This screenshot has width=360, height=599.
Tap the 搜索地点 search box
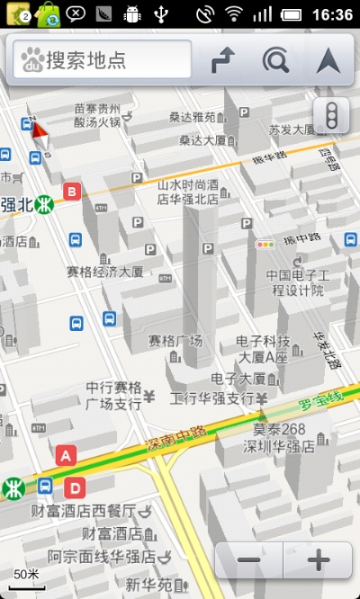pyautogui.click(x=102, y=60)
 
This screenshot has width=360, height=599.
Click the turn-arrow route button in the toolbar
pyautogui.click(x=222, y=60)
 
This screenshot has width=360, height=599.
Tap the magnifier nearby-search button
pyautogui.click(x=276, y=60)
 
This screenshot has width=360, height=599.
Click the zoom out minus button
pyautogui.click(x=249, y=560)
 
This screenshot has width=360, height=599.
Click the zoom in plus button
pyautogui.click(x=318, y=560)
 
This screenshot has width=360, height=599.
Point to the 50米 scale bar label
pyautogui.click(x=26, y=574)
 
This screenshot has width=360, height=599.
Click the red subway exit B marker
pyautogui.click(x=72, y=191)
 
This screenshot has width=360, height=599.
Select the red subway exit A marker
pyautogui.click(x=64, y=455)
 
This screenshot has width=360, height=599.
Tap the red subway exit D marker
pyautogui.click(x=76, y=488)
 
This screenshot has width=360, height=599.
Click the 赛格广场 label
pyautogui.click(x=175, y=341)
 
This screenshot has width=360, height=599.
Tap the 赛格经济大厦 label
pyautogui.click(x=105, y=271)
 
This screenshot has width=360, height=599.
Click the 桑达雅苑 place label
pyautogui.click(x=192, y=117)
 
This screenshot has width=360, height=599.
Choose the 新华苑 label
pyautogui.click(x=147, y=585)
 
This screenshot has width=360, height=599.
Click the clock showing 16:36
pyautogui.click(x=332, y=14)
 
